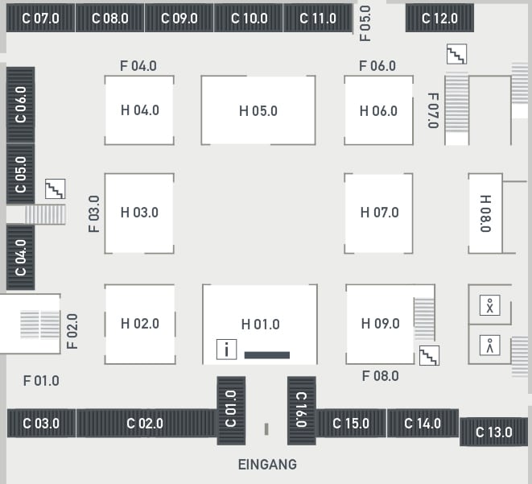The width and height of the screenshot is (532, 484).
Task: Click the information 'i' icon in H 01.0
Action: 227,349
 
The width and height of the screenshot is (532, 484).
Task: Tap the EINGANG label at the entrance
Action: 267,465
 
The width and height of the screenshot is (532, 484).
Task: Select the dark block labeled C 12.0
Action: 439,18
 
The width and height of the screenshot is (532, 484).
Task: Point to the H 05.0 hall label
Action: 258,111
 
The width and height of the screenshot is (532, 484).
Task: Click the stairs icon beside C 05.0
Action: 56,189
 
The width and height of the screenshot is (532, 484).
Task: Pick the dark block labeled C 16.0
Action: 302,411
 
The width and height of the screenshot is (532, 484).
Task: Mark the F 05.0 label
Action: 365,23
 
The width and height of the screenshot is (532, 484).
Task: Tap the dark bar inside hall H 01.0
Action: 267,355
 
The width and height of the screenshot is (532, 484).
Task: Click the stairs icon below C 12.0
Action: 456,54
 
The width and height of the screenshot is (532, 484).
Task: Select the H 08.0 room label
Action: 485,213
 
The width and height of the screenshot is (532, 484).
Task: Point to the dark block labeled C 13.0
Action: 494,432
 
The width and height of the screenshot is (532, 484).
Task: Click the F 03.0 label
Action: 94,214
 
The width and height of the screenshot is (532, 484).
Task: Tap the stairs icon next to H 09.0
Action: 429,355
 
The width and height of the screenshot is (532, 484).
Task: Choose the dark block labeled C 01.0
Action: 231,411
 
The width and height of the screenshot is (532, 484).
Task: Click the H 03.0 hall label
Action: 139,213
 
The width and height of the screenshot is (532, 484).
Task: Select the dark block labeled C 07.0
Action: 41,18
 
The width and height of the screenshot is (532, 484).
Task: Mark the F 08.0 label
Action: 381,376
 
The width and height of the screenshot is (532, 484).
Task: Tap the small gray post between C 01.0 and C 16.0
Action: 266,429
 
